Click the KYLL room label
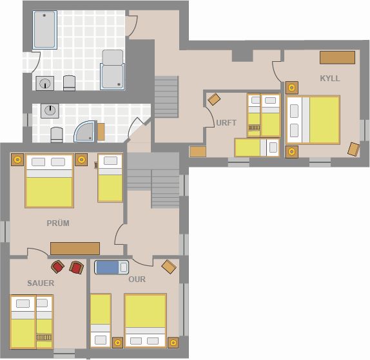click(x=330, y=79)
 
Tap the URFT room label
click(x=226, y=123)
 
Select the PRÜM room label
click(x=58, y=223)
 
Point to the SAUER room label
click(x=41, y=283)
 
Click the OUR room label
click(x=137, y=279)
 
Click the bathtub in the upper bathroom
click(x=44, y=30)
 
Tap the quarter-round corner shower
click(x=85, y=131)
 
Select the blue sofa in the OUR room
click(x=112, y=267)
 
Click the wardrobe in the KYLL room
click(x=337, y=57)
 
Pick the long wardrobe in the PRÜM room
click(x=75, y=249)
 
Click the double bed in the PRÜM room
click(x=50, y=181)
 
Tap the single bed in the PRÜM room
click(x=110, y=178)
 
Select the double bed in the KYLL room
click(x=313, y=120)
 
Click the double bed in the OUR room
click(x=146, y=321)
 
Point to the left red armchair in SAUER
click(x=57, y=267)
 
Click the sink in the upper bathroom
click(x=45, y=83)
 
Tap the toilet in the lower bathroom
click(x=57, y=135)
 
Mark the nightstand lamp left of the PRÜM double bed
click(x=17, y=160)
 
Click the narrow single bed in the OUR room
click(x=101, y=321)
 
